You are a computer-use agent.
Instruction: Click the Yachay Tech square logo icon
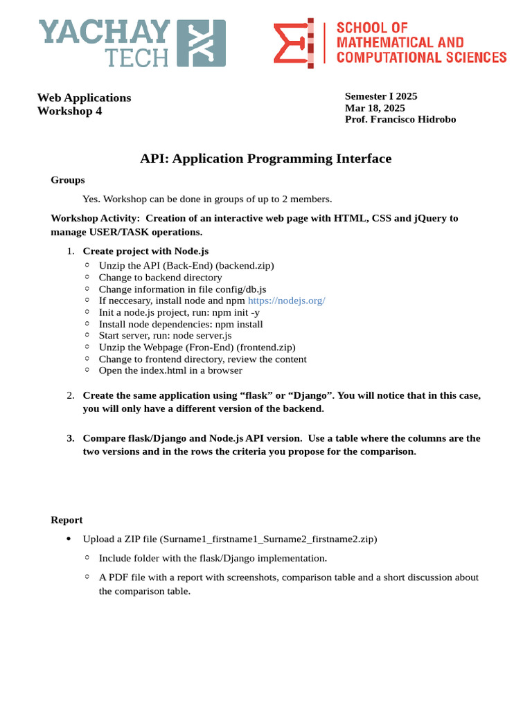(202, 43)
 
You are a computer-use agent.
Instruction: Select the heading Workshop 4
(69, 111)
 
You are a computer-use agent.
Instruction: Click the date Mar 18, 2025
(375, 108)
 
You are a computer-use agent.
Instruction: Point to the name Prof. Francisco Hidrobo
(400, 119)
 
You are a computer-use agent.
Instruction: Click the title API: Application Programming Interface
(265, 159)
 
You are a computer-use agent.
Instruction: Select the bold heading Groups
(68, 180)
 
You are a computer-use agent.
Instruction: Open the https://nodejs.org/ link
(286, 300)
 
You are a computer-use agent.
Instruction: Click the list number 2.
(71, 395)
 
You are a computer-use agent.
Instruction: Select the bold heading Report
(66, 520)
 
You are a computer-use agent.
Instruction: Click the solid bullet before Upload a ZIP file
(68, 539)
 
